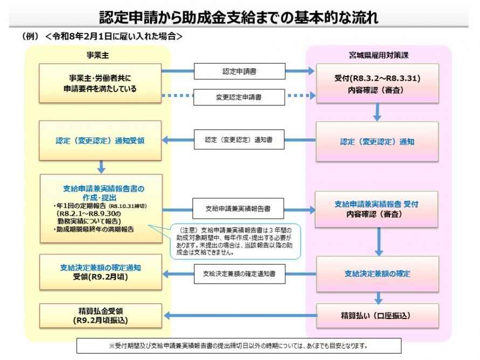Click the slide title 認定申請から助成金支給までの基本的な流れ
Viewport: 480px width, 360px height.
[239, 17]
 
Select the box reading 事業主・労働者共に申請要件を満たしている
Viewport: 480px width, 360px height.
[100, 84]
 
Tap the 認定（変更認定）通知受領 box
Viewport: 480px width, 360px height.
[100, 141]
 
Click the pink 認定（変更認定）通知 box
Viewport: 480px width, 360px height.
[377, 142]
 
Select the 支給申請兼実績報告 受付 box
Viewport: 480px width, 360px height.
[377, 209]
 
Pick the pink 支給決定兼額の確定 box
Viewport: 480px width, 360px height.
[377, 274]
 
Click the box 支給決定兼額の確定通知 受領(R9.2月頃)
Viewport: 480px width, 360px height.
[100, 272]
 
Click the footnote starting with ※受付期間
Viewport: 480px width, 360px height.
[238, 345]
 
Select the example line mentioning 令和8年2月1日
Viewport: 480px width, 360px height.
[102, 37]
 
